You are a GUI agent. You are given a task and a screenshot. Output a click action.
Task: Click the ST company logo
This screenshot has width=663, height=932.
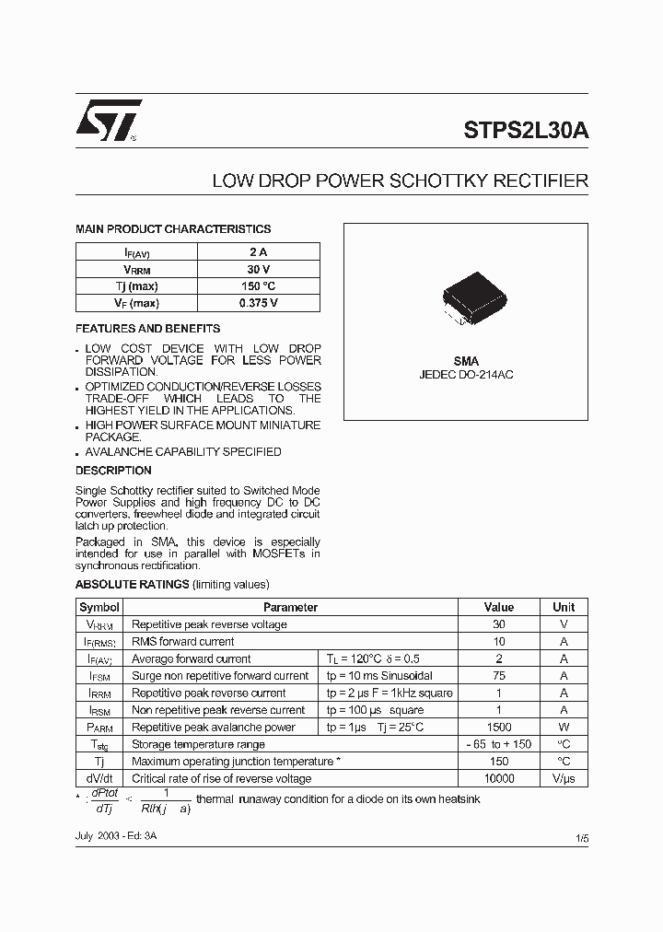pos(109,120)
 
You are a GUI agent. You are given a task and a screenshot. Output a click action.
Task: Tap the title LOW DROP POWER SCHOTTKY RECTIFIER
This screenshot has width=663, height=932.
pos(400,181)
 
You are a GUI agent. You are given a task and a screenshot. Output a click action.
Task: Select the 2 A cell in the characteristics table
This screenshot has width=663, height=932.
pos(258,251)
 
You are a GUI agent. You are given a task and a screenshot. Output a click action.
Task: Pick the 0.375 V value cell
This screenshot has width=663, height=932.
pos(258,303)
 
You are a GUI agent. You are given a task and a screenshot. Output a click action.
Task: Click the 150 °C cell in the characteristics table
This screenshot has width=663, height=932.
pos(258,285)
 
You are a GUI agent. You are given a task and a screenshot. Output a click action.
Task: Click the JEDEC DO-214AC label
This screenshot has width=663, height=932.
pos(466,377)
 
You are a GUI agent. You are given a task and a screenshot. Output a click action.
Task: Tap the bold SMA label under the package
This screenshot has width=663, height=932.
pos(466,362)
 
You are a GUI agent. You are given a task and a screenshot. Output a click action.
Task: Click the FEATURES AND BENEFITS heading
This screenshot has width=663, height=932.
pos(147,329)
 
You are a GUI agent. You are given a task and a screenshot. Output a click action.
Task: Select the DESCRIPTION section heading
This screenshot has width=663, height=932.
pos(113,471)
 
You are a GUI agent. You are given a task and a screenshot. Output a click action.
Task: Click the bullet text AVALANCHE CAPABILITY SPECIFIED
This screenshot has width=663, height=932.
pos(183,452)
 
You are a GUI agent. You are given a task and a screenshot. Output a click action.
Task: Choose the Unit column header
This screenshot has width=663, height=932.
pos(564,607)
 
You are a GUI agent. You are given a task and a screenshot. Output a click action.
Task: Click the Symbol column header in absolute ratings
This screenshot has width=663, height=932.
pos(99,607)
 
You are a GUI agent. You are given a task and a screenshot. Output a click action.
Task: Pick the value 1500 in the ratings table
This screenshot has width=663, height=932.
pos(499,728)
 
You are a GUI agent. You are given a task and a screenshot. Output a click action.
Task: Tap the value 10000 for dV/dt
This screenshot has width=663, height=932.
pos(499,779)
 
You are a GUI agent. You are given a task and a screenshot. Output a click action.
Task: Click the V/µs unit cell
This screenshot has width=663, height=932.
pos(564,779)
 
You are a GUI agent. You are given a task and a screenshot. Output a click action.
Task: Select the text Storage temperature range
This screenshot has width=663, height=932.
pos(198,744)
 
